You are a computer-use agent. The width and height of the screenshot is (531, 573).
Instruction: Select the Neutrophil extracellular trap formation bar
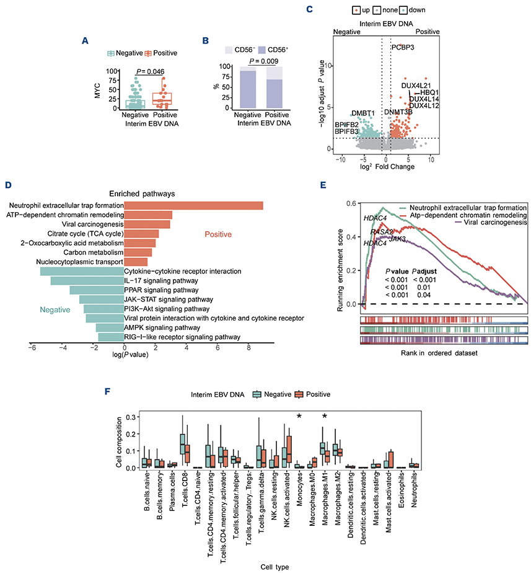point(193,206)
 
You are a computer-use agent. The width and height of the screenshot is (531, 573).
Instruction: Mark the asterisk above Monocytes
point(299,417)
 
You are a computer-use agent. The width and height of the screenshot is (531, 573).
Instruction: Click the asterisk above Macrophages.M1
point(325,417)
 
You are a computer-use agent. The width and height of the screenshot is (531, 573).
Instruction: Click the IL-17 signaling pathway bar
point(87,280)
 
